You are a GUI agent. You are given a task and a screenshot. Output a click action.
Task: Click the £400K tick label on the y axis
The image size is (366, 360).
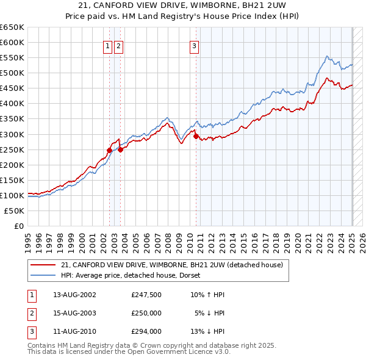[x=12, y=104]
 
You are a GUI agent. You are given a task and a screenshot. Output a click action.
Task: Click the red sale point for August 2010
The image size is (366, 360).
[x=196, y=136]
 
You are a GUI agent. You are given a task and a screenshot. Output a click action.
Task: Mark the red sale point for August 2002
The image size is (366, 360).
[x=110, y=150]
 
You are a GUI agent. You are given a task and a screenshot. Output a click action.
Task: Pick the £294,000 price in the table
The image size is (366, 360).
[x=146, y=332]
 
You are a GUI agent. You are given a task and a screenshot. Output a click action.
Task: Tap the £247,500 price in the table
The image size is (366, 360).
[x=146, y=294]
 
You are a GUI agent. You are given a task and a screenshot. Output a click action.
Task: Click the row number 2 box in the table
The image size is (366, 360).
[x=31, y=313]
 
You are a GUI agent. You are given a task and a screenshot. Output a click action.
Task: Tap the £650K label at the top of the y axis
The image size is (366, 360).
[x=12, y=27]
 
